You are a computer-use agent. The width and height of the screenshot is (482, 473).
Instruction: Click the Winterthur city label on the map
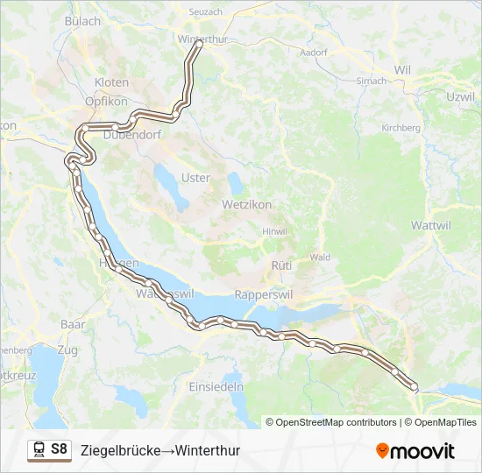coord(202,39)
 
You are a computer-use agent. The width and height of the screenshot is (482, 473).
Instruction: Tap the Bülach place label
coord(83,20)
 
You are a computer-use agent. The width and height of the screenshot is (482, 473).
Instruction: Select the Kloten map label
coord(111,82)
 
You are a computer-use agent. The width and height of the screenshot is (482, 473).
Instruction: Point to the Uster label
coord(195,178)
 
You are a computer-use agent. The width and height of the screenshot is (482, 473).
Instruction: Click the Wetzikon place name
coord(247,204)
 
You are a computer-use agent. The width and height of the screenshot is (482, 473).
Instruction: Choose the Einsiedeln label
coord(216,386)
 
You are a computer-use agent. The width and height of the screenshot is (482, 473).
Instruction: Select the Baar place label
coord(73,324)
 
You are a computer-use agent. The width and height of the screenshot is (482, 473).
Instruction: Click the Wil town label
coord(402,70)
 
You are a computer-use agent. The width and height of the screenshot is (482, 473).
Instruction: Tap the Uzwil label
coord(460,96)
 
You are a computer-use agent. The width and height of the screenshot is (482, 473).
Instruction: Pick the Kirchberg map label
coord(400,128)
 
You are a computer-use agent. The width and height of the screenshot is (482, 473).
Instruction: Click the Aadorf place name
coord(313,53)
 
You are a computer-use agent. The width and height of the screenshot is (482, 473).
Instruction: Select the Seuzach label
coord(207,11)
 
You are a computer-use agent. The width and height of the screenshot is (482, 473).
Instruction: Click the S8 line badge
coord(59,449)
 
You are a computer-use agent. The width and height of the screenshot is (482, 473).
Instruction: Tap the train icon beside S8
coord(39,450)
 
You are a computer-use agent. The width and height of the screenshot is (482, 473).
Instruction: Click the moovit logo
coord(415,450)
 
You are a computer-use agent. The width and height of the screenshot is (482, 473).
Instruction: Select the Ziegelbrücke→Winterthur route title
coord(159,451)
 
